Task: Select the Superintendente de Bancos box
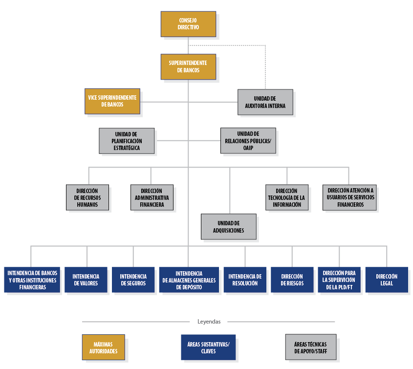[188, 66]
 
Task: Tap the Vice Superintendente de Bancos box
[112, 101]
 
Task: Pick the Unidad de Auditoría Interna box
[265, 102]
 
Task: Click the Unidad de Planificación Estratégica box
[127, 141]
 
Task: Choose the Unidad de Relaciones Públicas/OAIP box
[248, 141]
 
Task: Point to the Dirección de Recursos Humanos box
[87, 197]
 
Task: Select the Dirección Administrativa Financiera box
[152, 197]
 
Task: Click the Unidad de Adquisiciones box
[229, 226]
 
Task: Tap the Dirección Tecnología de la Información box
[287, 197]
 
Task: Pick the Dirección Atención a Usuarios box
[350, 197]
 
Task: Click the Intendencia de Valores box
[86, 280]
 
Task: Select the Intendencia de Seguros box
[133, 280]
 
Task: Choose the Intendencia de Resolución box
[245, 280]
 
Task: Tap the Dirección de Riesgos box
[292, 280]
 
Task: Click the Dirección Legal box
[387, 280]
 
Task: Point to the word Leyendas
[209, 322]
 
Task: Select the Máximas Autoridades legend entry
[104, 347]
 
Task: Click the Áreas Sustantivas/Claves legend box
[208, 347]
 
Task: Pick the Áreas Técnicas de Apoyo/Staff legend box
[311, 347]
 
